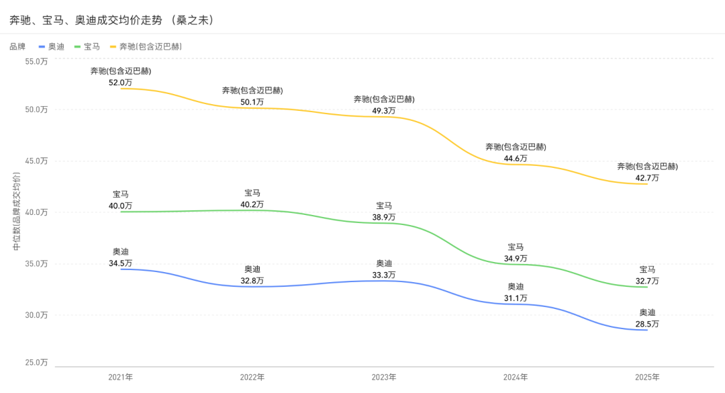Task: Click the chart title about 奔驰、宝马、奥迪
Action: (111, 20)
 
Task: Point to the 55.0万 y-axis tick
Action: (36, 61)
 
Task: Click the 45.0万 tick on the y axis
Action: (36, 161)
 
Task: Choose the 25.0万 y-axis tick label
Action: (36, 362)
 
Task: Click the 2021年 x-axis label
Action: (121, 377)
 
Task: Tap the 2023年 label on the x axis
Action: (384, 377)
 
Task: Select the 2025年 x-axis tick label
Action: (647, 377)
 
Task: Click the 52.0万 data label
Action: (121, 83)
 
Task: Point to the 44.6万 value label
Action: (516, 159)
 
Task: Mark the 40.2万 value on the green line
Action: (252, 204)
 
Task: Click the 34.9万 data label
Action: (516, 258)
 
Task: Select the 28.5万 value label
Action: (647, 324)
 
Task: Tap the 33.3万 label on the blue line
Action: (384, 275)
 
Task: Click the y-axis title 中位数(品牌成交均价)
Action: (17, 212)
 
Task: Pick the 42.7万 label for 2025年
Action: (647, 178)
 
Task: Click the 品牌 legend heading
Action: (17, 46)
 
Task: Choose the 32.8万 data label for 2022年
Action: (252, 280)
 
